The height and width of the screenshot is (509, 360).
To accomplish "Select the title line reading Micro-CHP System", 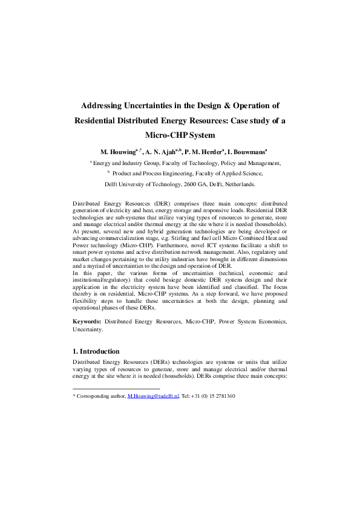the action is click(180, 135).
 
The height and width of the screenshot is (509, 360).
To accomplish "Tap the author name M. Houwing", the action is click(119, 152).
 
